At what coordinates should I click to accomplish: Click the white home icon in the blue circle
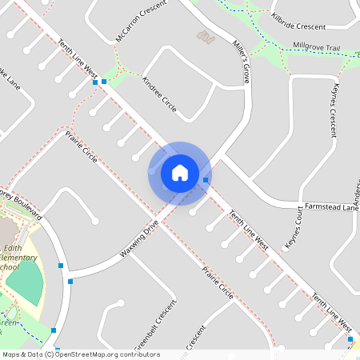pos(179,172)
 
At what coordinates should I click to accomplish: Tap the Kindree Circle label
pos(158,95)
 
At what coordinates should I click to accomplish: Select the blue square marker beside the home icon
pos(206,180)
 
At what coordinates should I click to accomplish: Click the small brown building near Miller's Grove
pos(206,35)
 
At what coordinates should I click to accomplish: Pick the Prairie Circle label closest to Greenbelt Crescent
pos(217,284)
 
